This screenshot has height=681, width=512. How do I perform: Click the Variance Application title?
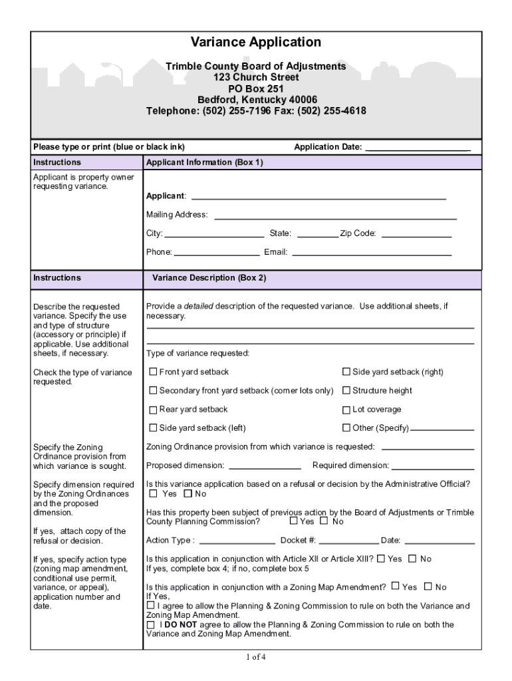[256, 43]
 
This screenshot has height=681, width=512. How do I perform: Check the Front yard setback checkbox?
[153, 372]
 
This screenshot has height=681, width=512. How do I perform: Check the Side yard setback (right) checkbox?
[346, 372]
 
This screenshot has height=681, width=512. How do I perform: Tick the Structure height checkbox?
[346, 390]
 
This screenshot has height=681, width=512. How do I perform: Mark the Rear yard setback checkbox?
[153, 410]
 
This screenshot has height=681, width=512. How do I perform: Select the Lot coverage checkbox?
[346, 410]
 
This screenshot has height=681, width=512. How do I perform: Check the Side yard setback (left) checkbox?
[153, 428]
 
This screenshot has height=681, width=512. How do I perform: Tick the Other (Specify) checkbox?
[346, 428]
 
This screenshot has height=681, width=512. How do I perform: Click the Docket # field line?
[348, 541]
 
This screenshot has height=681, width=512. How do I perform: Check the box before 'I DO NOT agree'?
[150, 625]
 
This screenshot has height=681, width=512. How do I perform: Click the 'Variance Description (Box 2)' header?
[209, 278]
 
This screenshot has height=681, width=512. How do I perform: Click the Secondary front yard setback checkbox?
[153, 390]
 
